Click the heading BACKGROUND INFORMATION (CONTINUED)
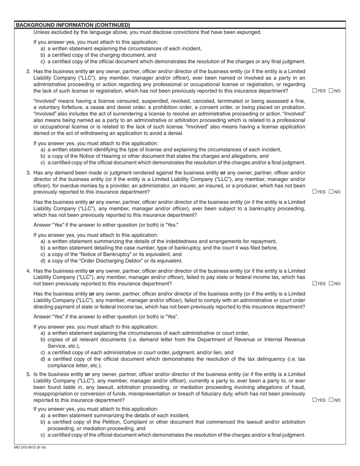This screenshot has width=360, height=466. [x=72, y=25]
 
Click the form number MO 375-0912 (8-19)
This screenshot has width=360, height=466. [x=30, y=447]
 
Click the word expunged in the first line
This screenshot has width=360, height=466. [x=249, y=32]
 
